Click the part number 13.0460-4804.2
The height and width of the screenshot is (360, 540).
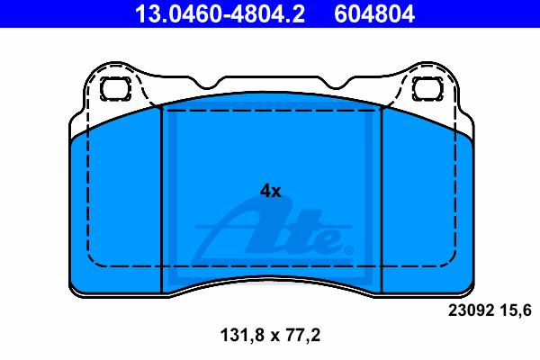(220, 13)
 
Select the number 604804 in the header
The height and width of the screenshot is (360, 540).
(374, 13)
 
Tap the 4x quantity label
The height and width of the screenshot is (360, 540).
(270, 191)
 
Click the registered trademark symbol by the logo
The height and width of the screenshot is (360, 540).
(348, 250)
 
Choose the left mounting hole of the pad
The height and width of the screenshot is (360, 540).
(115, 89)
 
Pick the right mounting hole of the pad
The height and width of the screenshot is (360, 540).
(427, 89)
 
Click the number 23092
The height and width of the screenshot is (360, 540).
(471, 310)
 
